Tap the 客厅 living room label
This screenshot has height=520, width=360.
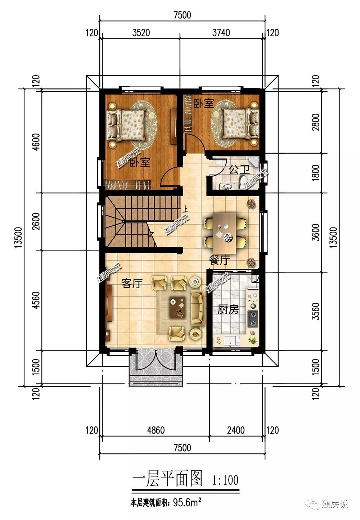point(132,283)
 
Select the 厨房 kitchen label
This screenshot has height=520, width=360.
point(228,309)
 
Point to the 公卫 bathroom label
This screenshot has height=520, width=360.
point(239,170)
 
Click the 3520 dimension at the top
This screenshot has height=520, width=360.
point(141,33)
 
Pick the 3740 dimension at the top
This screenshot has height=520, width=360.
point(221,33)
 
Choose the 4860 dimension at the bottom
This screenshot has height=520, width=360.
point(156,430)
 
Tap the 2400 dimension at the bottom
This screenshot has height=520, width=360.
point(236,430)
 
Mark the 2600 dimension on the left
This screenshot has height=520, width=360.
point(36,221)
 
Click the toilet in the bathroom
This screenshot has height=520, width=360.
point(243,181)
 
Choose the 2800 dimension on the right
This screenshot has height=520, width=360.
point(316,122)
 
